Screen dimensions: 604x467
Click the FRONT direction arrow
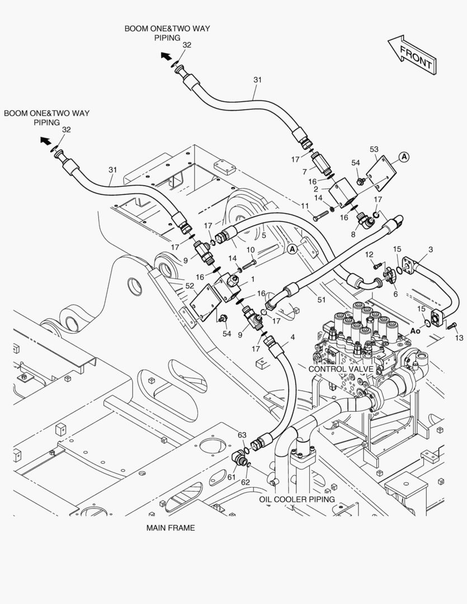tap(411, 54)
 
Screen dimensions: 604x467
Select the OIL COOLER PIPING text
tap(296, 499)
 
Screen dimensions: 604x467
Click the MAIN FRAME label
tap(171, 527)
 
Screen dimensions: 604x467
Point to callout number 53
tap(374, 149)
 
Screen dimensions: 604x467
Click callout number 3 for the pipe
tap(431, 249)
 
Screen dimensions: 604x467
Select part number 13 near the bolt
tap(459, 338)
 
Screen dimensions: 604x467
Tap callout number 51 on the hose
tap(321, 300)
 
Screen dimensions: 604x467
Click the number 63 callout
tap(242, 435)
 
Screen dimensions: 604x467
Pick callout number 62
tap(246, 482)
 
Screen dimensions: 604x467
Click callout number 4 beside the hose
tap(293, 337)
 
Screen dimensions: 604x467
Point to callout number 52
tap(190, 285)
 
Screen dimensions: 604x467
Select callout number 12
tap(369, 254)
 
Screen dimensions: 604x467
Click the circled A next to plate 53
tap(404, 157)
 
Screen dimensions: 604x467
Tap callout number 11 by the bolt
tap(305, 206)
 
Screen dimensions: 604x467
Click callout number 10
tap(251, 249)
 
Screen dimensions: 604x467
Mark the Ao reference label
tap(415, 331)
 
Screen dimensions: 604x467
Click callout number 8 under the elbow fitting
tap(353, 235)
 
